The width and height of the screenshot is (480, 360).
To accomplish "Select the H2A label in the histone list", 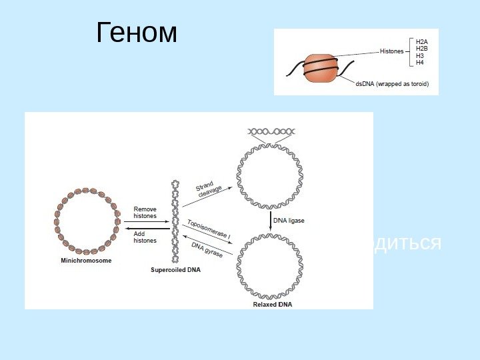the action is (x=422, y=41).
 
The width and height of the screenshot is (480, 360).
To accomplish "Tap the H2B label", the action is (x=422, y=49).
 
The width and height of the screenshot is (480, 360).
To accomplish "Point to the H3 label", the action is (x=420, y=56).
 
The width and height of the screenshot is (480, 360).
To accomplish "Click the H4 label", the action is (x=420, y=63).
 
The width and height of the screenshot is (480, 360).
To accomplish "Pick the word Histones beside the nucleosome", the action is (x=392, y=51).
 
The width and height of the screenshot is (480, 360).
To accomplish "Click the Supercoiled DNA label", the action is (x=175, y=270).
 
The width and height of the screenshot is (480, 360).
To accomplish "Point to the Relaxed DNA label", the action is (x=272, y=304).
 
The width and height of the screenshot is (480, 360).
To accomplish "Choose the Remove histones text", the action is (x=145, y=213).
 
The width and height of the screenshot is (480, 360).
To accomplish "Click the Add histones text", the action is (x=144, y=237).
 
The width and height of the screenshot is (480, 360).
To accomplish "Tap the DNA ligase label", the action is (x=289, y=221).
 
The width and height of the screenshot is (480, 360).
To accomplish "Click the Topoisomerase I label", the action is (x=209, y=229).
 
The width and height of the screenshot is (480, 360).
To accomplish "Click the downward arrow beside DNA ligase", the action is (x=270, y=221).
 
